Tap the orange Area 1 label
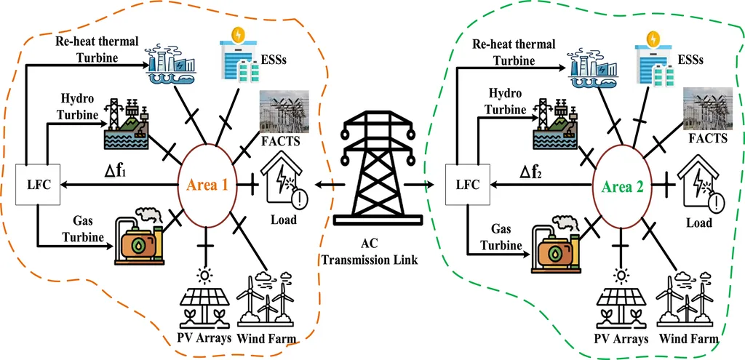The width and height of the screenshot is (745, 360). [x=209, y=185]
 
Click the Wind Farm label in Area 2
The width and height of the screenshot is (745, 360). [x=689, y=338]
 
